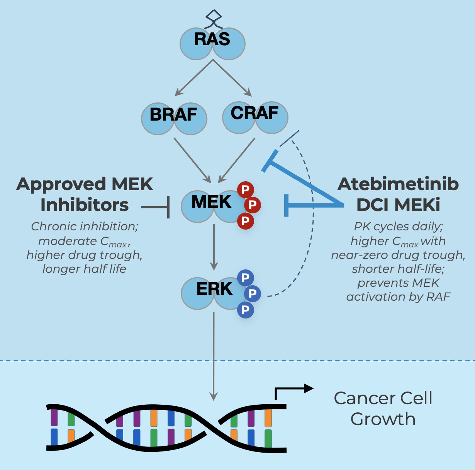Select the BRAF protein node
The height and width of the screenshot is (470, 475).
pyautogui.click(x=174, y=118)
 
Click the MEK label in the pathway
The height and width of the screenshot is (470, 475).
pyautogui.click(x=211, y=202)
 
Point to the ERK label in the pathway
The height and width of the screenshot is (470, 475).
pyautogui.click(x=214, y=289)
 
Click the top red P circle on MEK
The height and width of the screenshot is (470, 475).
pyautogui.click(x=245, y=189)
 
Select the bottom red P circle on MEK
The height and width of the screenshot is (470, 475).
pyautogui.click(x=245, y=221)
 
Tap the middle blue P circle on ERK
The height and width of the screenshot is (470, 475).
pyautogui.click(x=253, y=294)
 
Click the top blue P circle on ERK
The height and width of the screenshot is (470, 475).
pyautogui.click(x=245, y=278)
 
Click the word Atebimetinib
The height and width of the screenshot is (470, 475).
pyautogui.click(x=398, y=184)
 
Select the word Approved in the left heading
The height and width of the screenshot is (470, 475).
pyautogui.click(x=61, y=184)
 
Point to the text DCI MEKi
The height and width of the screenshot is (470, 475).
pyautogui.click(x=398, y=205)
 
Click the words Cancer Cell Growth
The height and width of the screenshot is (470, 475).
pyautogui.click(x=383, y=409)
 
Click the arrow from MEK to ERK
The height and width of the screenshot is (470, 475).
pyautogui.click(x=214, y=247)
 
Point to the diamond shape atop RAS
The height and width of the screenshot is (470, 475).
pyautogui.click(x=214, y=16)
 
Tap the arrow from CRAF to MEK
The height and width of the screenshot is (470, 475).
pyautogui.click(x=237, y=160)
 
